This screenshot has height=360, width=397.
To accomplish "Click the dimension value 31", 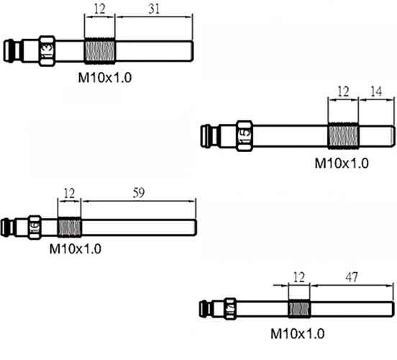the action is (154, 9).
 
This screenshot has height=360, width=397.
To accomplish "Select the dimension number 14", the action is (376, 91).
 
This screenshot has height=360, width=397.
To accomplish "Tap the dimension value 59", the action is (139, 193).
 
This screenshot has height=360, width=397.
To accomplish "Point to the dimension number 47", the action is (352, 277).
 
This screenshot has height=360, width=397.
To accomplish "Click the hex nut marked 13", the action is (47, 51).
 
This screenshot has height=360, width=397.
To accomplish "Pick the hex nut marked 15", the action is (245, 136).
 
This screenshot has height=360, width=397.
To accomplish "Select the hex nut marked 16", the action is (35, 228).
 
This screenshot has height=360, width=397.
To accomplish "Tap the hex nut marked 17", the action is (230, 309).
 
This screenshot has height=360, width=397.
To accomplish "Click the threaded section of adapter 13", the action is (100, 50).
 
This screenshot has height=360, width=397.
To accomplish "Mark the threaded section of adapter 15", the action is (343, 135).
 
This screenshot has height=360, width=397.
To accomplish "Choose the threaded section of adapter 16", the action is (69, 228).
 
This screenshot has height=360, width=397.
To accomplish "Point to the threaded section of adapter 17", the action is (299, 309).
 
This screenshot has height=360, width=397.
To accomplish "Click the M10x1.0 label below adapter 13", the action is (105, 77).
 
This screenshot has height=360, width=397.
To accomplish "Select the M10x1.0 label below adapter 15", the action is (342, 163).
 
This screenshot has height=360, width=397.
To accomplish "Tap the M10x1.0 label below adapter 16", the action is (76, 248).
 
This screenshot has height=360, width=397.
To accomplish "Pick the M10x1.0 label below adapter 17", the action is (298, 333).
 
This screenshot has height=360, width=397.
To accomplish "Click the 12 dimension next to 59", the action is (69, 193).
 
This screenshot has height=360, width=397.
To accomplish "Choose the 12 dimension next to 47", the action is (299, 277).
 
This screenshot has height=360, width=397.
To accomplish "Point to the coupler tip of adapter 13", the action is (9, 50).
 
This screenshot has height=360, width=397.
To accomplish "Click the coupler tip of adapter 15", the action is (206, 135).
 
